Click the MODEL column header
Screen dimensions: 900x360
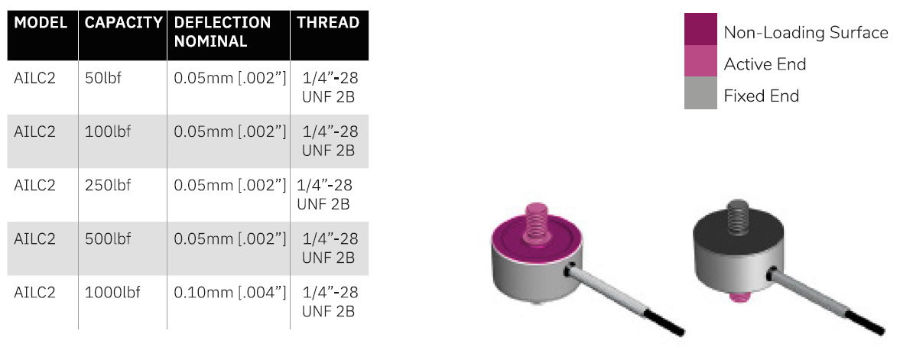pos(41,23)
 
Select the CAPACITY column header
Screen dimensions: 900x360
pos(123,23)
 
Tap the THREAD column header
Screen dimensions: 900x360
pos(328,23)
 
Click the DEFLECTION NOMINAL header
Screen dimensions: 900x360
pos(222,32)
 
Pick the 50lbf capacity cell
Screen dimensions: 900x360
pos(102,78)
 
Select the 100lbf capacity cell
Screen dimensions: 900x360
pos(107,132)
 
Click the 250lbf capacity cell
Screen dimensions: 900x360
pos(107,186)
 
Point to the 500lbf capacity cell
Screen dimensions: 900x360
pos(107,238)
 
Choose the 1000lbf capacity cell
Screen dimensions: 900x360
pos(112,292)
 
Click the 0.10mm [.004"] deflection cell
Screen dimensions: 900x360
pos(229,292)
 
